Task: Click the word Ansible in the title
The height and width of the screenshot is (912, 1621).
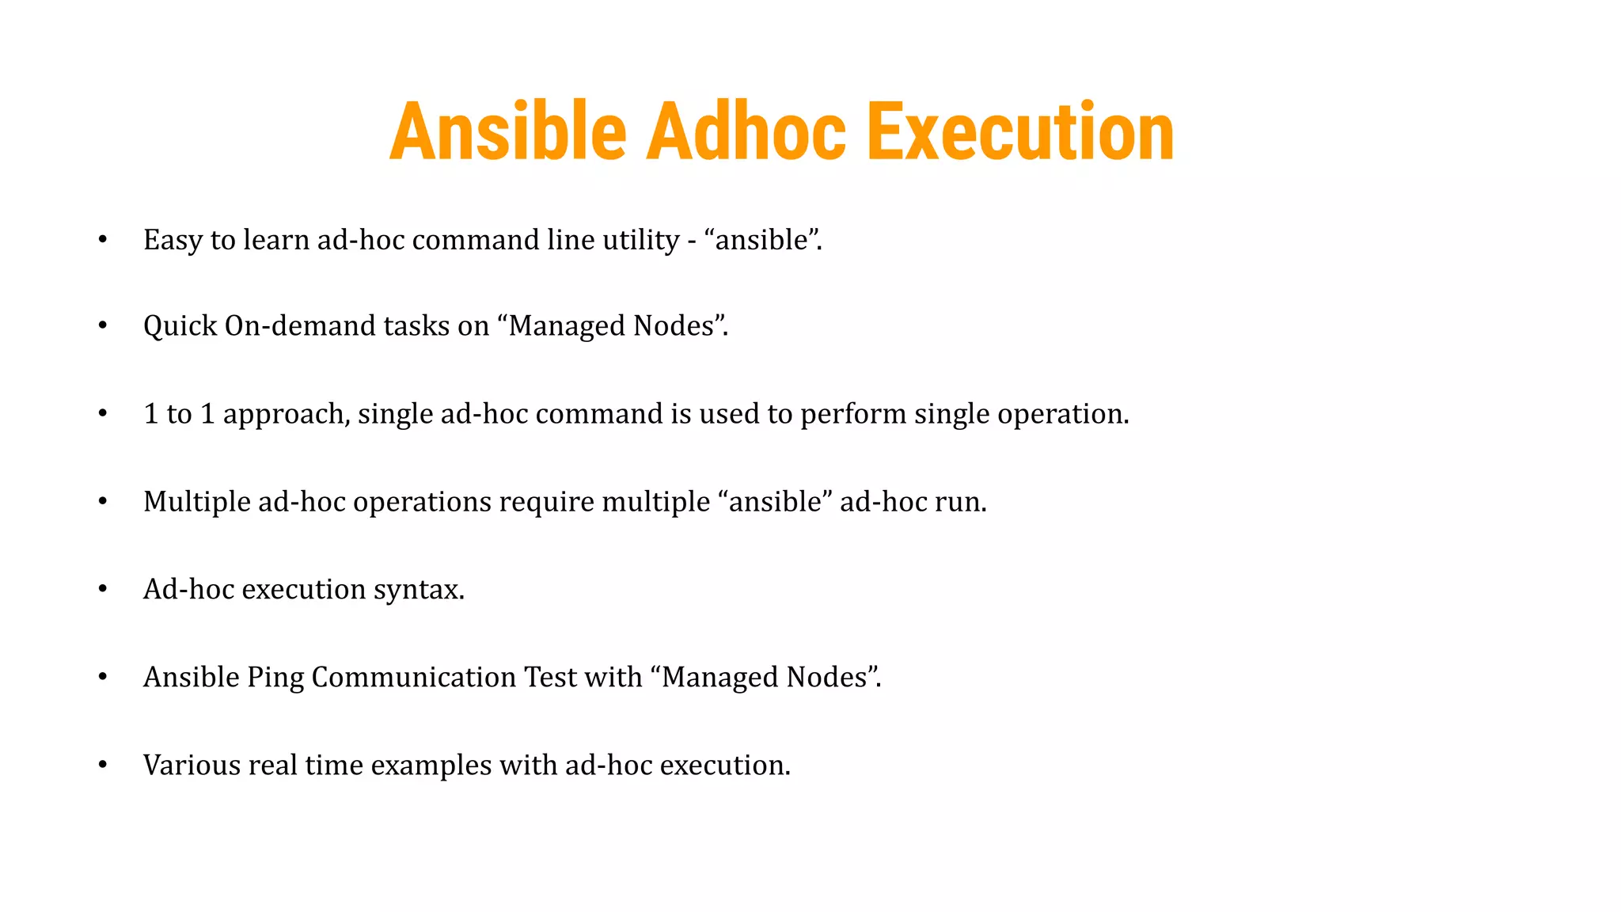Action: coord(507,132)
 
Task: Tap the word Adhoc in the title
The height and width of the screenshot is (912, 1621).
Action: coord(746,132)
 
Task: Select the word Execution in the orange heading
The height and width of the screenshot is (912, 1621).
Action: coord(1020,132)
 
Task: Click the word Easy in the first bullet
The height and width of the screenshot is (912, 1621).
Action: coord(173,240)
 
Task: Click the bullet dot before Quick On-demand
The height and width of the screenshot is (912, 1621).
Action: coord(102,325)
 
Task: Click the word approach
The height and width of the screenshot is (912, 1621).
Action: coord(286,415)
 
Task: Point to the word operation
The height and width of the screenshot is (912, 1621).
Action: coord(1062,415)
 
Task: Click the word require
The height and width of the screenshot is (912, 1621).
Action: coord(546,503)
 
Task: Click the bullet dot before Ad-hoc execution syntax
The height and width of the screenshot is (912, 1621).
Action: coord(102,589)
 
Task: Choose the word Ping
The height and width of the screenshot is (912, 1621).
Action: coord(275,678)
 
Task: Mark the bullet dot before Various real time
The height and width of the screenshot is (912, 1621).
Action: coord(102,765)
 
